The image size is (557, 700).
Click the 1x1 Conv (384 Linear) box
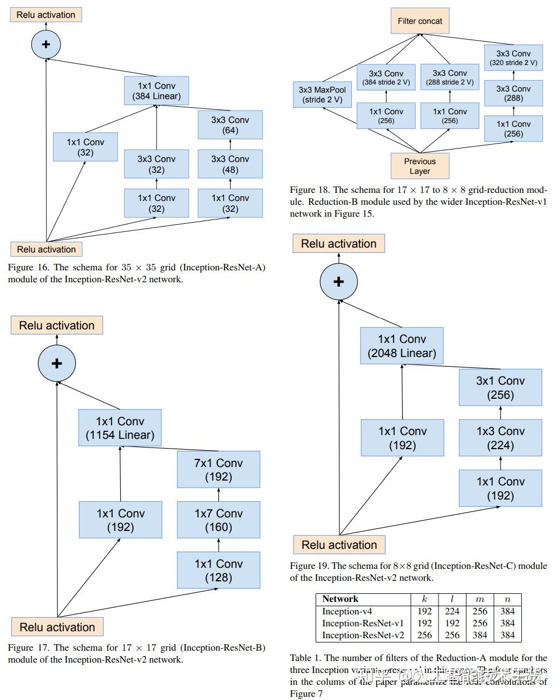tap(156, 91)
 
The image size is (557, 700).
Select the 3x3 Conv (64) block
tap(230, 125)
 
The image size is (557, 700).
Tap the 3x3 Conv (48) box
tap(230, 164)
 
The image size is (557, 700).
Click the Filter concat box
tap(420, 21)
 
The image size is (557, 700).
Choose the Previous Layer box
tap(420, 166)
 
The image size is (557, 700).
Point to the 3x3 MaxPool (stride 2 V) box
tap(322, 95)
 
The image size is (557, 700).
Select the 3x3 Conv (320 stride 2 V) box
tap(513, 58)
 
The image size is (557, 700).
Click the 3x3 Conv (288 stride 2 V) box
tap(449, 77)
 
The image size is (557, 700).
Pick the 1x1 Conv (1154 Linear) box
tap(120, 428)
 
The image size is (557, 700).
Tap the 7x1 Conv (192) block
tap(218, 470)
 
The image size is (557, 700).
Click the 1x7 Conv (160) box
tap(218, 520)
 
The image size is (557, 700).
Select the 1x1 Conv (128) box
tap(218, 571)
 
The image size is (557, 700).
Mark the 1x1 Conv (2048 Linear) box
tap(402, 346)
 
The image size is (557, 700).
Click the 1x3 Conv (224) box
tap(500, 438)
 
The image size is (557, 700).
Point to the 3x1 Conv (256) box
tap(500, 388)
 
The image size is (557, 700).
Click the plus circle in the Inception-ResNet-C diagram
tap(338, 282)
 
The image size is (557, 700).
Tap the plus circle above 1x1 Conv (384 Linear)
tap(46, 44)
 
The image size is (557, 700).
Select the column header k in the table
tap(424, 599)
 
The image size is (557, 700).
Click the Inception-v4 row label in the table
tap(347, 611)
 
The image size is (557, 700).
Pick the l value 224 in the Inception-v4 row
tap(452, 611)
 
